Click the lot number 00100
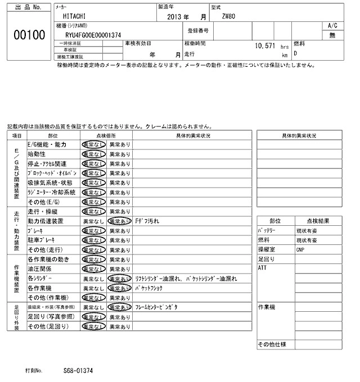coord(29,36)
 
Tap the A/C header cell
coord(332,26)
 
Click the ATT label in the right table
coord(262,268)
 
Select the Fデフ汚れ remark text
coord(148,221)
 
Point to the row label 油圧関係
coord(40,269)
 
